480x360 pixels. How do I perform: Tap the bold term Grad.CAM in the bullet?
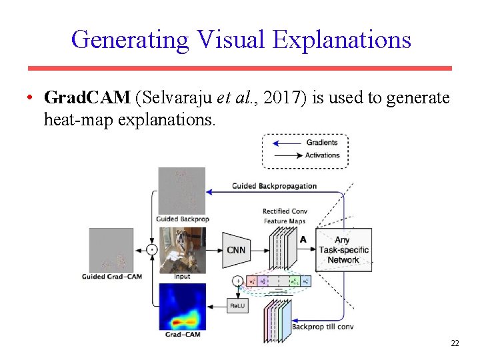click(87, 99)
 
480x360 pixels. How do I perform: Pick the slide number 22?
click(455, 343)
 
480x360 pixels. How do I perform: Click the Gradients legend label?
click(322, 142)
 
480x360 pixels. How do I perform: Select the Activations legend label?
click(323, 155)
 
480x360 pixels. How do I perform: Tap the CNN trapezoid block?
click(236, 250)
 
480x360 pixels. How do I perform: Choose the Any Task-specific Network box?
click(343, 250)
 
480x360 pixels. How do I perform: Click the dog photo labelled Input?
click(182, 249)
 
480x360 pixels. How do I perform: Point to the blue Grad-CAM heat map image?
click(182, 306)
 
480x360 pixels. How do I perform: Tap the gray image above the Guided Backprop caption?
click(182, 191)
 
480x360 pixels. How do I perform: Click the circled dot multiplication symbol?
click(151, 250)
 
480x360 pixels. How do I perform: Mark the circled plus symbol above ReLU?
click(237, 281)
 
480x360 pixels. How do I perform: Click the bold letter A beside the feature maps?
click(303, 239)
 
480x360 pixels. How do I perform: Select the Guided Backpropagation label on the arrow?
click(274, 186)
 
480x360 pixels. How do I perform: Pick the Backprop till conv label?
click(322, 327)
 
